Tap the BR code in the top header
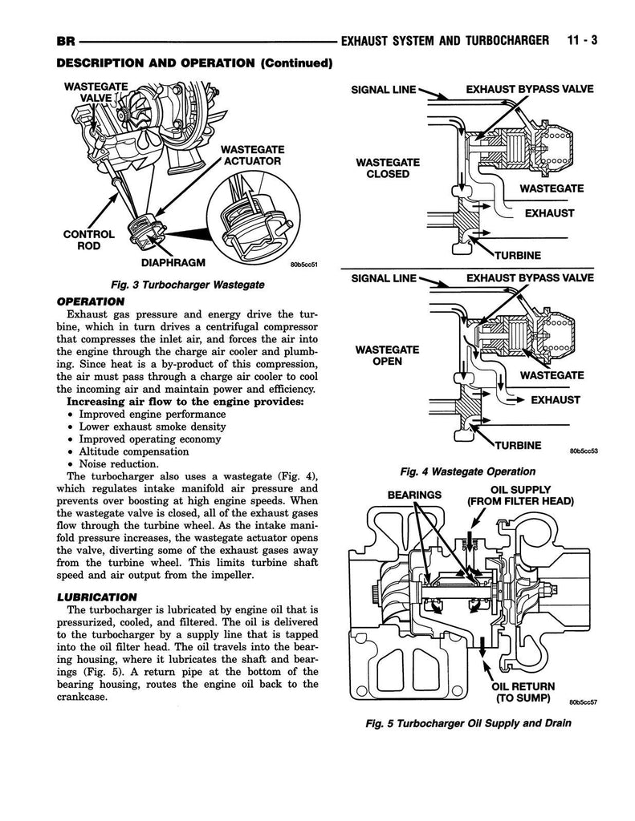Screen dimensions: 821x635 coord(67,41)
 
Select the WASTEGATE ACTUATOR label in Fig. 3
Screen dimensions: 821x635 coord(250,155)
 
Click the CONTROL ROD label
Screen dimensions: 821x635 coord(88,240)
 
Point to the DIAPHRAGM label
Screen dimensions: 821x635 coord(173,262)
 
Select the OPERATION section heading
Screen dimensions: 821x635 coord(91,301)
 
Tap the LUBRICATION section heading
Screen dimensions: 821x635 coord(98,597)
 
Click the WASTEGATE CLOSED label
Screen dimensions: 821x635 coord(388,168)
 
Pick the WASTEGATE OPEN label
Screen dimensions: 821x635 coord(388,355)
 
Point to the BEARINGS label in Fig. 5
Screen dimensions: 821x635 coord(415,495)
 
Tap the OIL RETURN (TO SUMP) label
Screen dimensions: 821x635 coord(522,692)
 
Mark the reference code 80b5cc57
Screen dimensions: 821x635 coord(584,702)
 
